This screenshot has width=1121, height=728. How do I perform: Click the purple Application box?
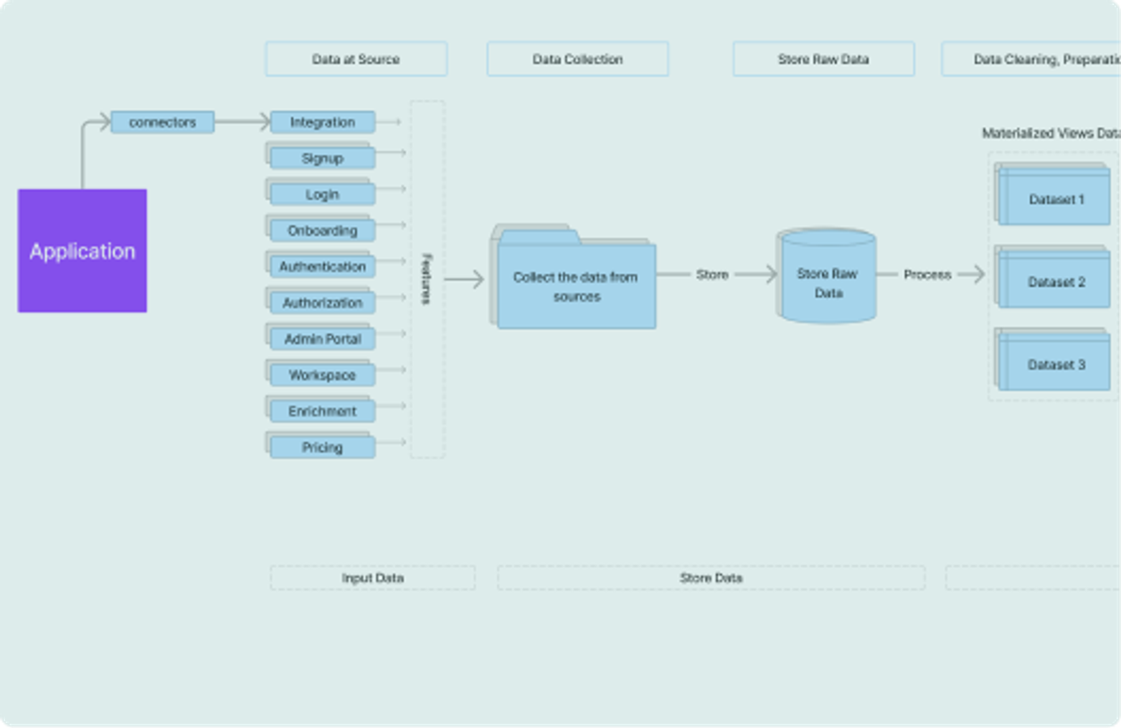[x=82, y=250]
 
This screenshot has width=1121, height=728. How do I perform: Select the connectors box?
[x=163, y=122]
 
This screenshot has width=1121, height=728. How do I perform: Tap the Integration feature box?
[x=323, y=122]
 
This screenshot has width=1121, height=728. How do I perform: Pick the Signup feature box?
[x=323, y=158]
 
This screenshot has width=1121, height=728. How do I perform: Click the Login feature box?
[x=323, y=194]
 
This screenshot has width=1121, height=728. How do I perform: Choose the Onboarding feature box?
[x=323, y=230]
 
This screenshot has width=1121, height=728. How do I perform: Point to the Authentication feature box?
[x=323, y=267]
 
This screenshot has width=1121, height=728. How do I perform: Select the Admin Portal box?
[x=323, y=339]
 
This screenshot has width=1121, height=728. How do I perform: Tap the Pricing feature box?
[x=323, y=447]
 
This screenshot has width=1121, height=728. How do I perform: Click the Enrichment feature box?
[x=323, y=411]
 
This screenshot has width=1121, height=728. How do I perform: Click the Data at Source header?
[x=356, y=59]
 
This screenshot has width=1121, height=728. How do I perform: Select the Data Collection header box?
[x=577, y=59]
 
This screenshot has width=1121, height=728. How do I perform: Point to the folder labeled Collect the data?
[x=575, y=286]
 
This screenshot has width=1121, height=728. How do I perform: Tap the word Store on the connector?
[x=712, y=275]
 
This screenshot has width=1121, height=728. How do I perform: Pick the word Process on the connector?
[x=927, y=275]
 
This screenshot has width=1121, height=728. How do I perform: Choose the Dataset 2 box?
[x=1056, y=281]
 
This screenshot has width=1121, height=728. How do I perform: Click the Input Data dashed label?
[x=372, y=578]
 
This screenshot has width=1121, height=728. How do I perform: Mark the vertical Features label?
[x=427, y=279]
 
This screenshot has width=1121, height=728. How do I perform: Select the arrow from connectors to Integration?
[x=243, y=121]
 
